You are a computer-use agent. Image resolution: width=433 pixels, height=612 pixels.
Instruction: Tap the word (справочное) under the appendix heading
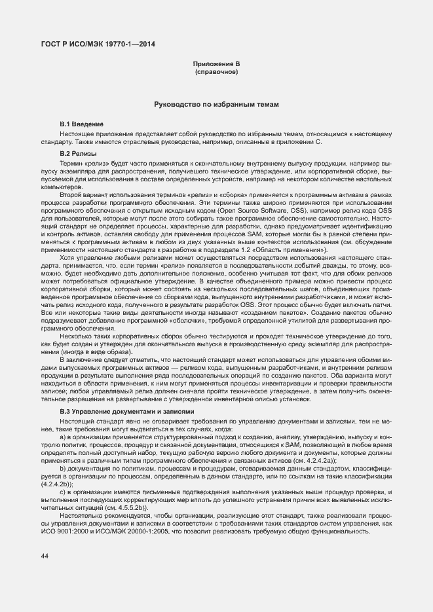click(216, 73)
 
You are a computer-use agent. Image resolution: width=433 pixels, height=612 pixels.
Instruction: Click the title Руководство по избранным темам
click(216, 105)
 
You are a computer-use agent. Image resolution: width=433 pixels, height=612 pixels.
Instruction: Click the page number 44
click(45, 556)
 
